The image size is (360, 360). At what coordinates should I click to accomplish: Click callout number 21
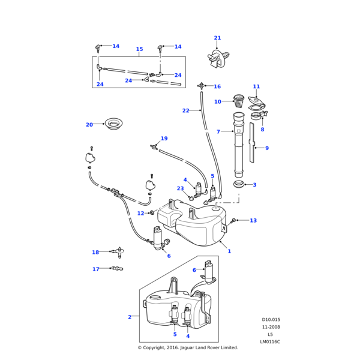217,38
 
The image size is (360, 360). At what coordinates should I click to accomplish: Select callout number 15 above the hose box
139,49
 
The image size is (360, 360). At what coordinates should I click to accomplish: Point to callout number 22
185,110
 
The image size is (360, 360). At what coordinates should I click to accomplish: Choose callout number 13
253,221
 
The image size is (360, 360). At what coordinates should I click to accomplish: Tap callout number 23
180,188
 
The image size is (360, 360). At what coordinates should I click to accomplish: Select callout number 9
267,148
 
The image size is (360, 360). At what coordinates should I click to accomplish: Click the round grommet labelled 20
113,124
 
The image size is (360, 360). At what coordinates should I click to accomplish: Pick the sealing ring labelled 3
238,184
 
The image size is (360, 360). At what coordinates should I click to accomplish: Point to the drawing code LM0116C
270,342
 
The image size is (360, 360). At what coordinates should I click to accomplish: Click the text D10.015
271,320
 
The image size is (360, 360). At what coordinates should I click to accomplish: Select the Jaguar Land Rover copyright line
188,347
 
